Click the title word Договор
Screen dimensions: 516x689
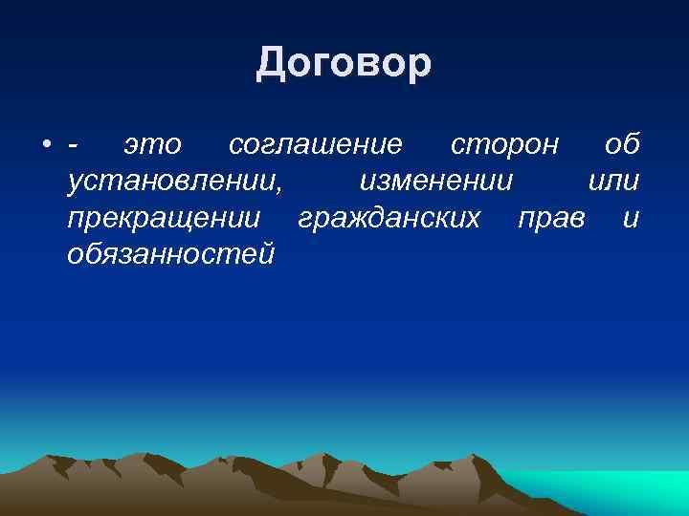tap(344, 64)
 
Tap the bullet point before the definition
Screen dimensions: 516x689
tap(47, 145)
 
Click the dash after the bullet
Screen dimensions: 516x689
tap(74, 146)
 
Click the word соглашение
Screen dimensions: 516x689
tap(315, 145)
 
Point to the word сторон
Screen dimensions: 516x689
tap(503, 145)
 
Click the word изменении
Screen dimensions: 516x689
tap(436, 182)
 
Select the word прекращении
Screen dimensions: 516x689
tap(164, 219)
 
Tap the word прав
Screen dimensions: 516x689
tap(550, 219)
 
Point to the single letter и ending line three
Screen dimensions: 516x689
tap(630, 219)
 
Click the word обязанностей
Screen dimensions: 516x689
tap(171, 255)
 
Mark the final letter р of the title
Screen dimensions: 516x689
tap(421, 66)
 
